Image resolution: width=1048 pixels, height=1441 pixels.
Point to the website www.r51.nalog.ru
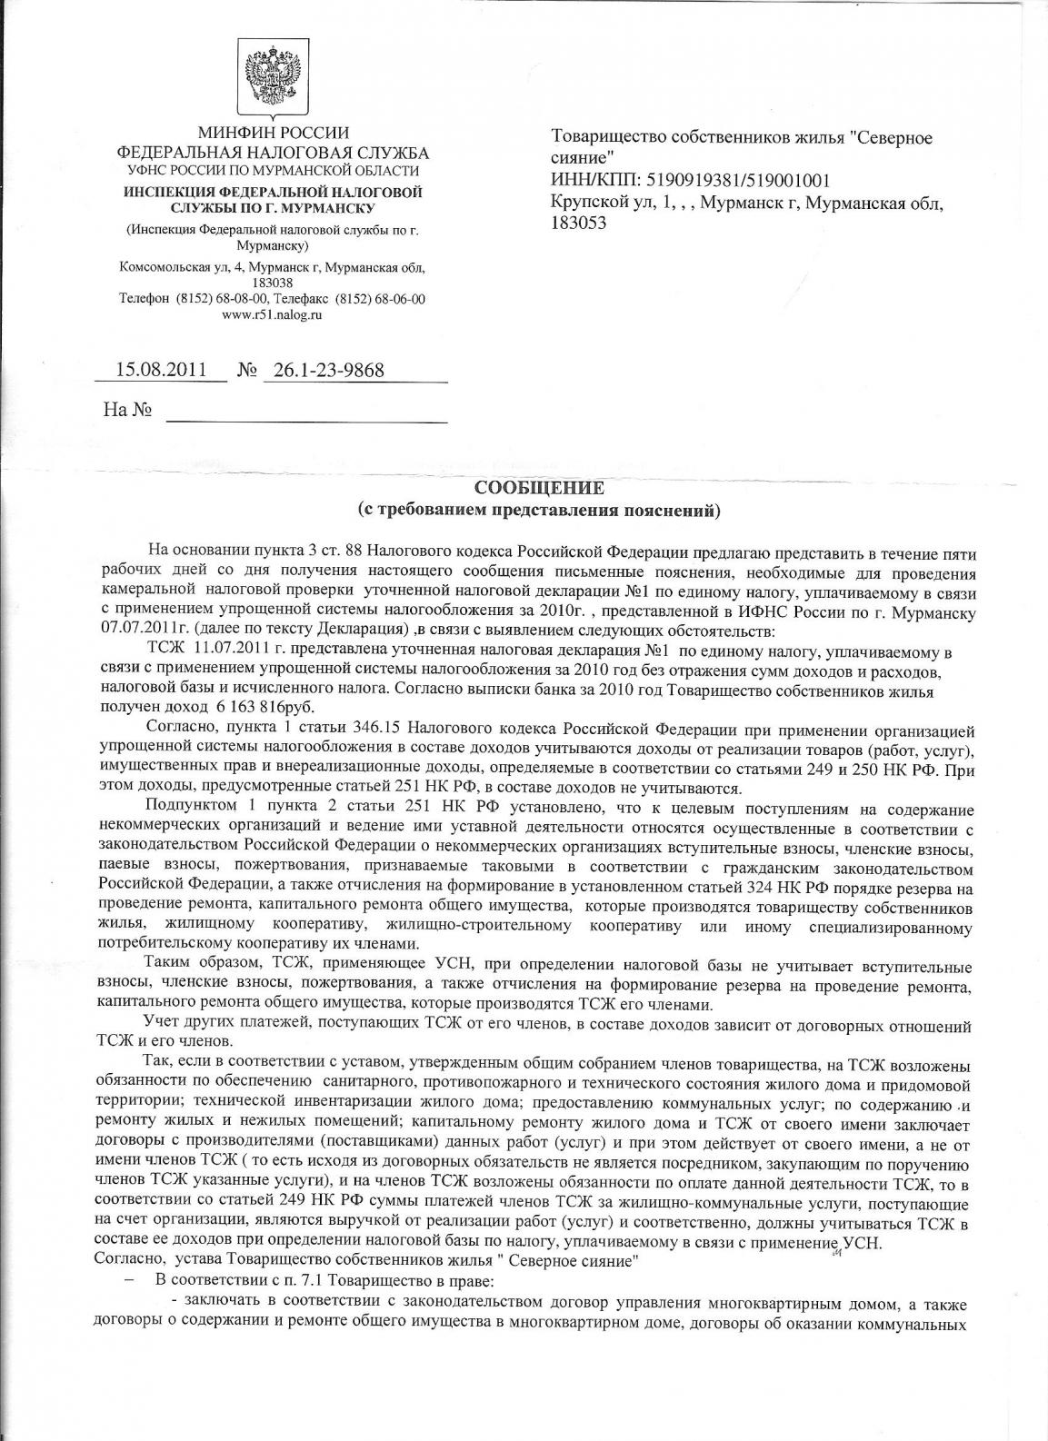point(272,314)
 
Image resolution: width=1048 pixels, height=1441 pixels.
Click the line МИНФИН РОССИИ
point(273,135)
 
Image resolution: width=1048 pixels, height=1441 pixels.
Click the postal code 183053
point(579,222)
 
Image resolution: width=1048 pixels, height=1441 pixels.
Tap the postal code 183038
point(272,283)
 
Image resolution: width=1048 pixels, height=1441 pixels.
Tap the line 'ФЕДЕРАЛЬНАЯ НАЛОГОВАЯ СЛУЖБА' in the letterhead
point(273,153)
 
